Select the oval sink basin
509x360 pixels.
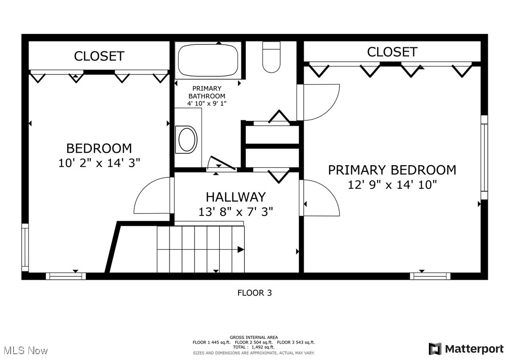[x=188, y=139]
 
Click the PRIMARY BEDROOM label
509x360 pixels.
[x=392, y=170]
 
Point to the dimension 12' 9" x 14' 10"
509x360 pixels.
[x=392, y=184]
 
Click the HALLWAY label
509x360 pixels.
[x=236, y=197]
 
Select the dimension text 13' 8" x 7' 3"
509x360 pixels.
[x=236, y=211]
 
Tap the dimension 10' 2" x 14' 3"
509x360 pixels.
[x=99, y=163]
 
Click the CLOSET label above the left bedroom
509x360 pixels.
[x=99, y=56]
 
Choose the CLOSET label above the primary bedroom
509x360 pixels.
[x=392, y=52]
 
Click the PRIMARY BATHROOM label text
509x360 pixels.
[x=207, y=92]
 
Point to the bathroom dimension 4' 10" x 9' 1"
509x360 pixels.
[x=207, y=103]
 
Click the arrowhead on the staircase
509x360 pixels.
[x=240, y=249]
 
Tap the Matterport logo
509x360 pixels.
[x=466, y=349]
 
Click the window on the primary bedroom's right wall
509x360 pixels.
[x=484, y=157]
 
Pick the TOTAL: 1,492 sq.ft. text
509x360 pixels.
[x=254, y=347]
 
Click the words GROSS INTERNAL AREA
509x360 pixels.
[x=254, y=337]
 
